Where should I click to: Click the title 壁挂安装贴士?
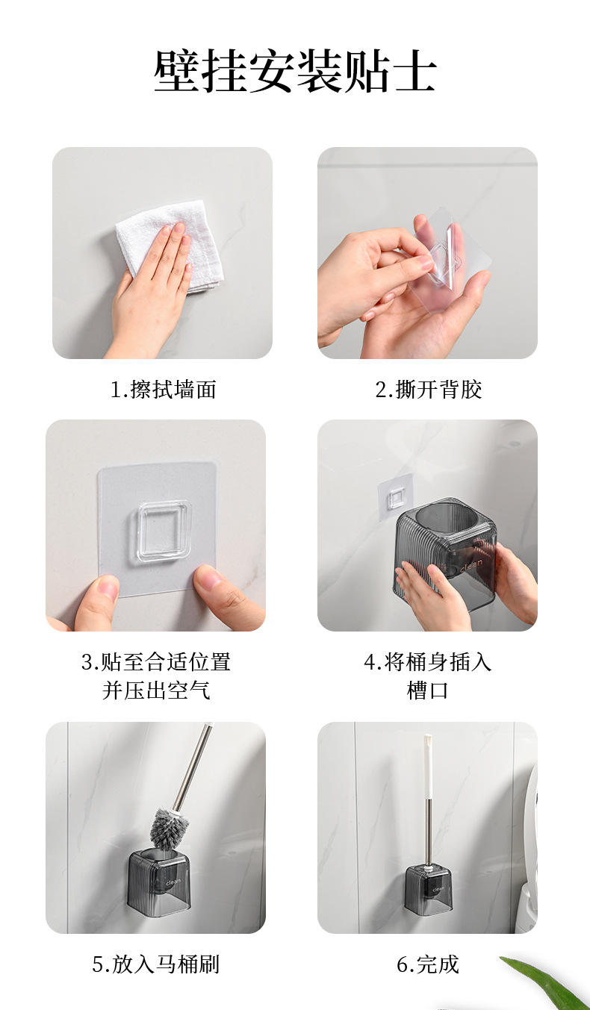tap(295, 72)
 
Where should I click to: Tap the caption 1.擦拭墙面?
tap(163, 389)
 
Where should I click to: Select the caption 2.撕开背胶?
tap(428, 389)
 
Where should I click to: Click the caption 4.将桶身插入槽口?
tap(427, 676)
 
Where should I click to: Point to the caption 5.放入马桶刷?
tap(156, 964)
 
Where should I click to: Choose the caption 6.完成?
tap(427, 964)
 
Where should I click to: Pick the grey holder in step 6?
tap(429, 890)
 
